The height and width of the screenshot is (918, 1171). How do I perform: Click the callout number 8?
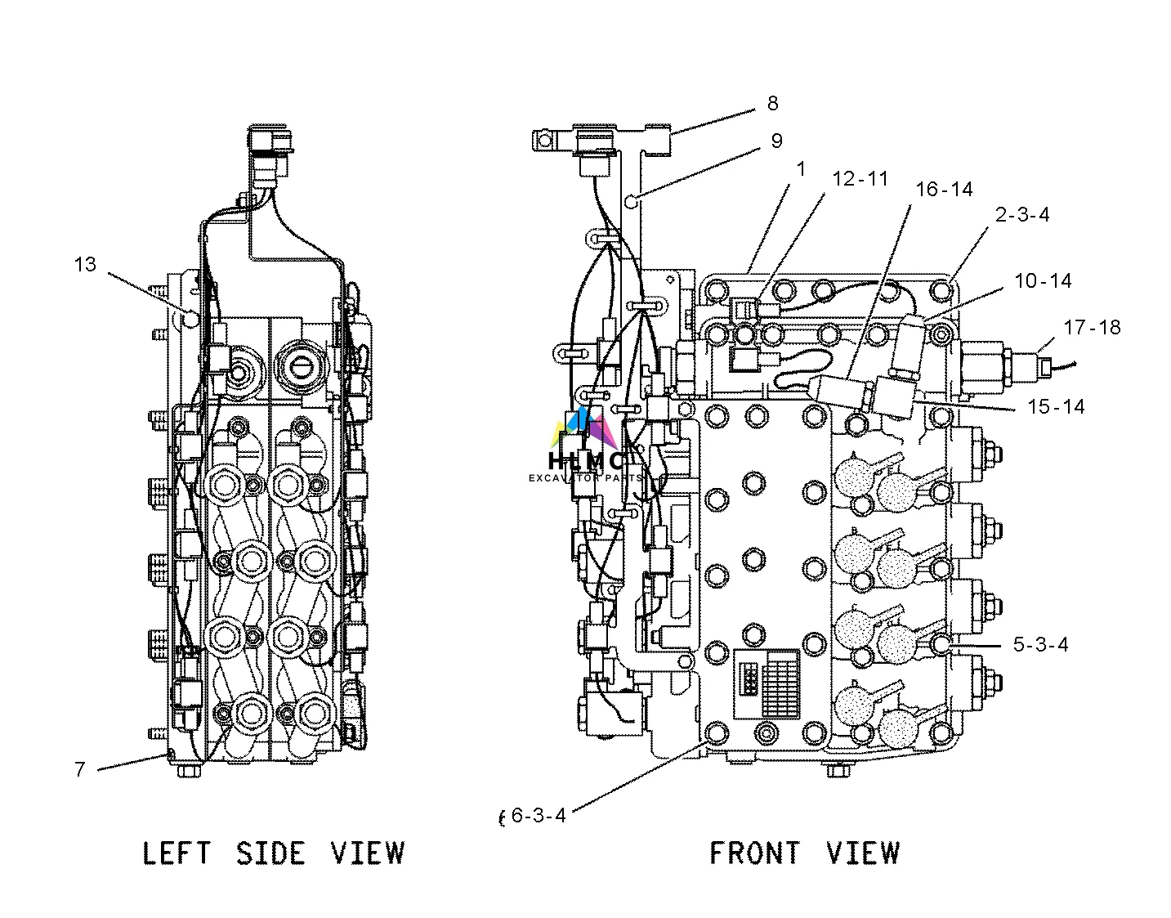tap(772, 104)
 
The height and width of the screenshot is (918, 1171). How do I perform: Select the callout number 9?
tap(776, 141)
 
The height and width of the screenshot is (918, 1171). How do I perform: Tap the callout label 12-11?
tap(860, 179)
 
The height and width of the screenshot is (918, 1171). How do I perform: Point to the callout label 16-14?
tap(944, 190)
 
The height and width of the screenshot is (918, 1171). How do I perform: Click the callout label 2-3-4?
tap(1021, 215)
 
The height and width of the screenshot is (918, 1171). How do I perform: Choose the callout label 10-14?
tap(1043, 281)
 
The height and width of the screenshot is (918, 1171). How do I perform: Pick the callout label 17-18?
tap(1092, 328)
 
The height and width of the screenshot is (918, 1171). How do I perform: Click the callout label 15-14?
tap(1056, 406)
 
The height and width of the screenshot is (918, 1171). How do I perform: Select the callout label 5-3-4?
tap(1040, 645)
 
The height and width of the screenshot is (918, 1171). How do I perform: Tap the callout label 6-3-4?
tap(538, 815)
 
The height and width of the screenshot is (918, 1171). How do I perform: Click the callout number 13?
tap(85, 265)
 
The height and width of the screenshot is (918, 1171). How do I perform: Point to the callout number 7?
tap(79, 769)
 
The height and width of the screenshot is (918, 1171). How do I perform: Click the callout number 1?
tap(801, 169)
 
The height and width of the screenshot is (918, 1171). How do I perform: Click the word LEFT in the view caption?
tap(177, 853)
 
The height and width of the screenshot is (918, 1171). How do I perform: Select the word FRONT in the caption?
tap(753, 853)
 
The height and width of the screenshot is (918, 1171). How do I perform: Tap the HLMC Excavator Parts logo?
tap(588, 448)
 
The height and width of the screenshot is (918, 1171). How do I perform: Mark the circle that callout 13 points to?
tap(190, 317)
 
